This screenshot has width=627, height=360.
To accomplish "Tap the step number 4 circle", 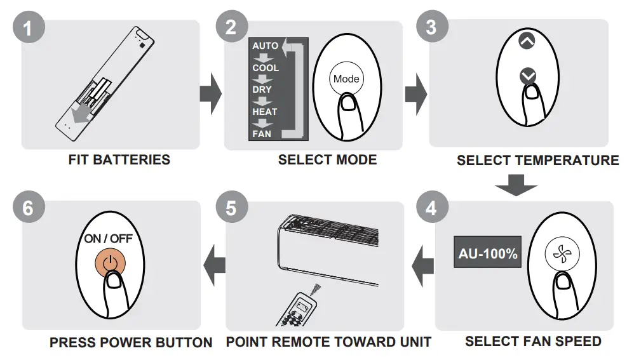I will point(432,208).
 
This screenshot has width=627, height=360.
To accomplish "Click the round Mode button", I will point(346,79).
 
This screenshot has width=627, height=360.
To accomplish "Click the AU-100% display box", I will point(487,253).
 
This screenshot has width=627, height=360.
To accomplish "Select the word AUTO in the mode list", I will point(265,46).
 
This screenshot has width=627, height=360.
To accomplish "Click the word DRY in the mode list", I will point(262,90).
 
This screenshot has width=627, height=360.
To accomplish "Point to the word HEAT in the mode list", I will point(264,112).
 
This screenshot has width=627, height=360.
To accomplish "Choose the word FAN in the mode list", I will point(261,134).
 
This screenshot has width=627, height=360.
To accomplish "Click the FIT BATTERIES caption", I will point(119,160).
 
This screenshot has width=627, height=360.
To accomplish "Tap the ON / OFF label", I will point(109,239).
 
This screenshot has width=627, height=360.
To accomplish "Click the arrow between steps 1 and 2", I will point(210,94).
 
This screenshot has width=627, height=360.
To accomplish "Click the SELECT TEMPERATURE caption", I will point(537,160).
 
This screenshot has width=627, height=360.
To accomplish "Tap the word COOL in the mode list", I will point(266,68).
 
